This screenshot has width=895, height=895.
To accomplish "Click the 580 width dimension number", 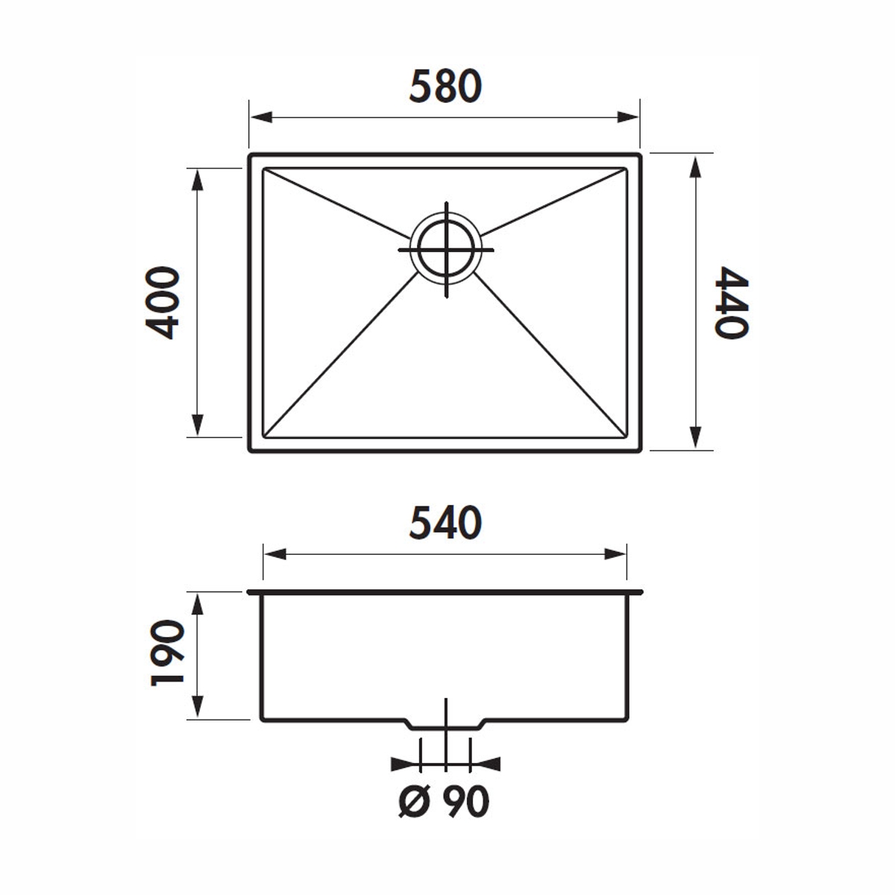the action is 445,87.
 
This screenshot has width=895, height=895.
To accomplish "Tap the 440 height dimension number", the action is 731,303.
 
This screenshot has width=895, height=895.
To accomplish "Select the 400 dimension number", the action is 162,303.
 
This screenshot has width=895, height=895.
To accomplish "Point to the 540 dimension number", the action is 445,523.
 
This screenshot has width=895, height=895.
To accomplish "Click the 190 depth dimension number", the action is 168,653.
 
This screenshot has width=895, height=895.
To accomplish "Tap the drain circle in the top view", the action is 446,249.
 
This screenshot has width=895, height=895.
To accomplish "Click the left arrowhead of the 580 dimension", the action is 261,117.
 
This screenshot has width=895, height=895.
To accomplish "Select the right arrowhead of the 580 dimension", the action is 628,117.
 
